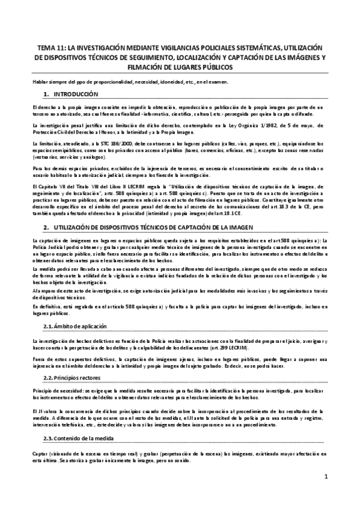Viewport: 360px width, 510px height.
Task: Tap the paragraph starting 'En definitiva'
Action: click(x=180, y=310)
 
